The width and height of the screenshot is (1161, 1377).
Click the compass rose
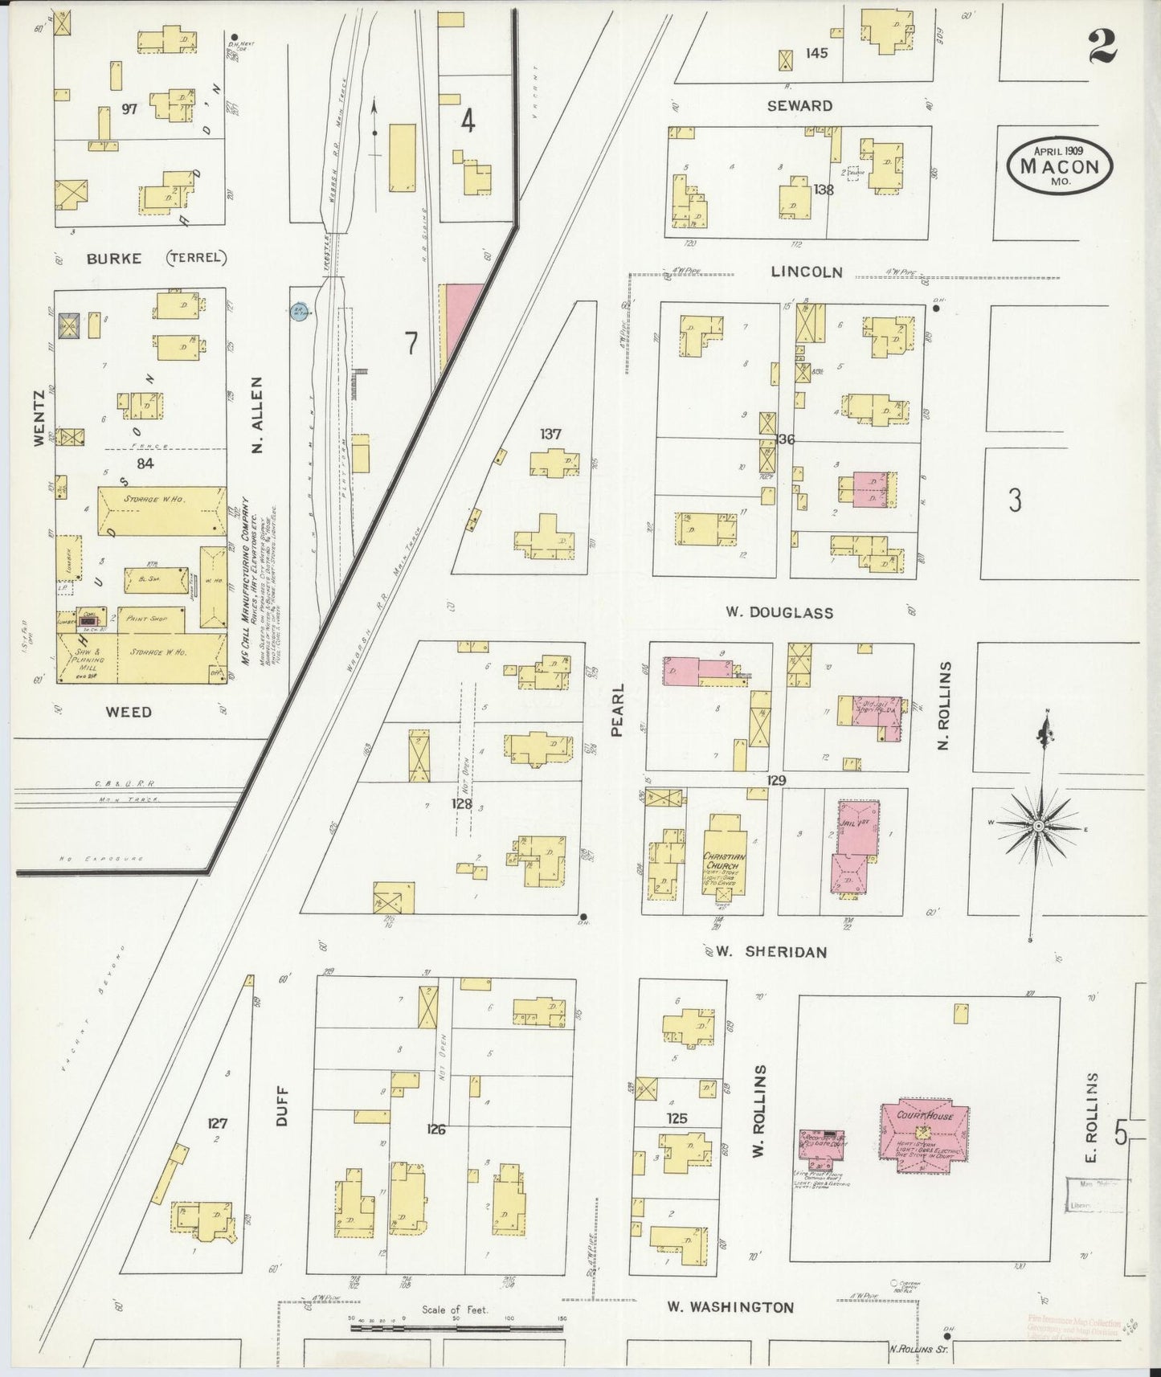[x=1038, y=826]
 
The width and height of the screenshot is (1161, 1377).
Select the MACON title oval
[x=1060, y=165]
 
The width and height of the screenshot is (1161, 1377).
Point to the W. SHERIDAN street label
[x=771, y=952]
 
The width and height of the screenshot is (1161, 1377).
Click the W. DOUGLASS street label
[x=779, y=612]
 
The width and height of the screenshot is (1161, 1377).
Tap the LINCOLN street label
[x=806, y=272]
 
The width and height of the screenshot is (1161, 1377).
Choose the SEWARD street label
[x=799, y=106]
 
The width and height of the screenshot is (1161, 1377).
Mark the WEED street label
[x=129, y=712]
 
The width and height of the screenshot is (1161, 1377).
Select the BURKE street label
[x=114, y=259]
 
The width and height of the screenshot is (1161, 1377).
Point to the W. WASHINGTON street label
[x=730, y=1307]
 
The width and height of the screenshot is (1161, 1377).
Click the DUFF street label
[x=281, y=1105]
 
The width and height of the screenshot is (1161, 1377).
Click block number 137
[x=550, y=435]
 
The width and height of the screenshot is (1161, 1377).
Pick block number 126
[x=436, y=1129]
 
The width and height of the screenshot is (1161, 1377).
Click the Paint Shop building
[x=150, y=619]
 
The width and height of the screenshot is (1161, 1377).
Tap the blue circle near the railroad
[x=299, y=312]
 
